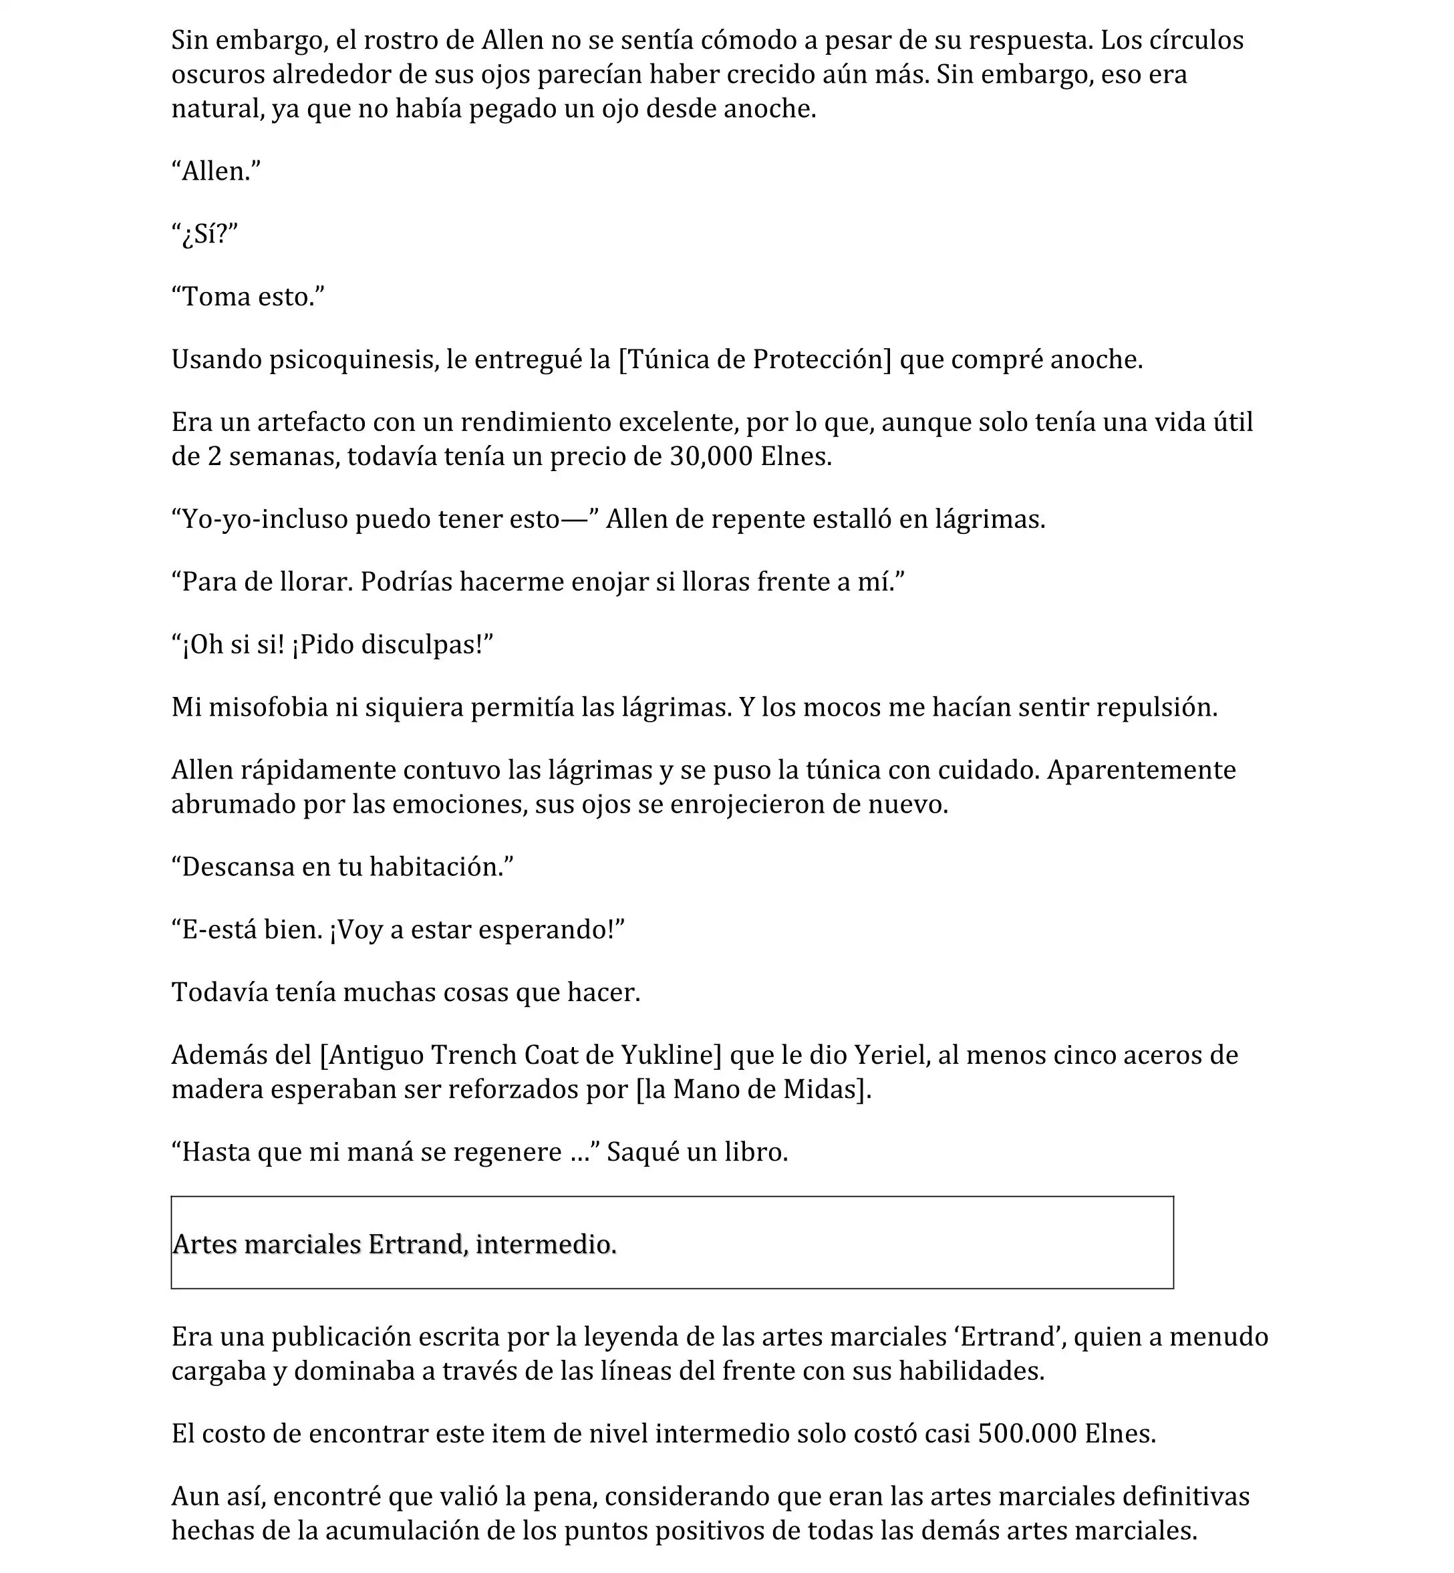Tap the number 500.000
1027,1434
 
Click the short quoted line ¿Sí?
205,235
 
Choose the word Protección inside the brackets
821,360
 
